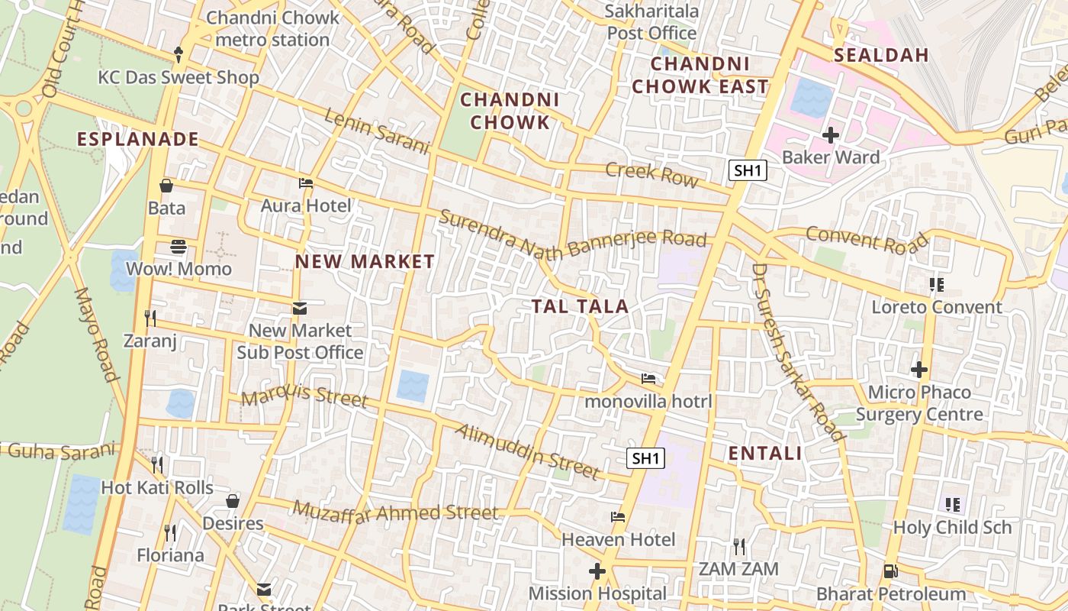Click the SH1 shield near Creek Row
pos(748,170)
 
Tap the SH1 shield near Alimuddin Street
pos(645,458)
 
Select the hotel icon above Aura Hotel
pos(306,183)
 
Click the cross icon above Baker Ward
pos(831,135)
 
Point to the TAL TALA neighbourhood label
pos(580,307)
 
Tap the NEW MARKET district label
pos(365,261)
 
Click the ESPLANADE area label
pos(138,140)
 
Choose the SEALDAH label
pos(881,55)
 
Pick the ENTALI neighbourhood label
pos(765,454)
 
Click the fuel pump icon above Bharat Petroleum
pos(889,571)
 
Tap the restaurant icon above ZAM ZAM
pos(738,546)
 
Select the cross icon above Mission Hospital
pos(597,571)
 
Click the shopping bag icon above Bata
pos(166,185)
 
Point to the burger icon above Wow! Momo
pos(179,246)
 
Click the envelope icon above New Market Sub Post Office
pos(299,308)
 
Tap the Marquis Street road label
pos(304,396)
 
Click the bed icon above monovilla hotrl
pos(648,378)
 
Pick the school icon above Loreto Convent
pos(937,285)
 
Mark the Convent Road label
pos(867,240)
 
